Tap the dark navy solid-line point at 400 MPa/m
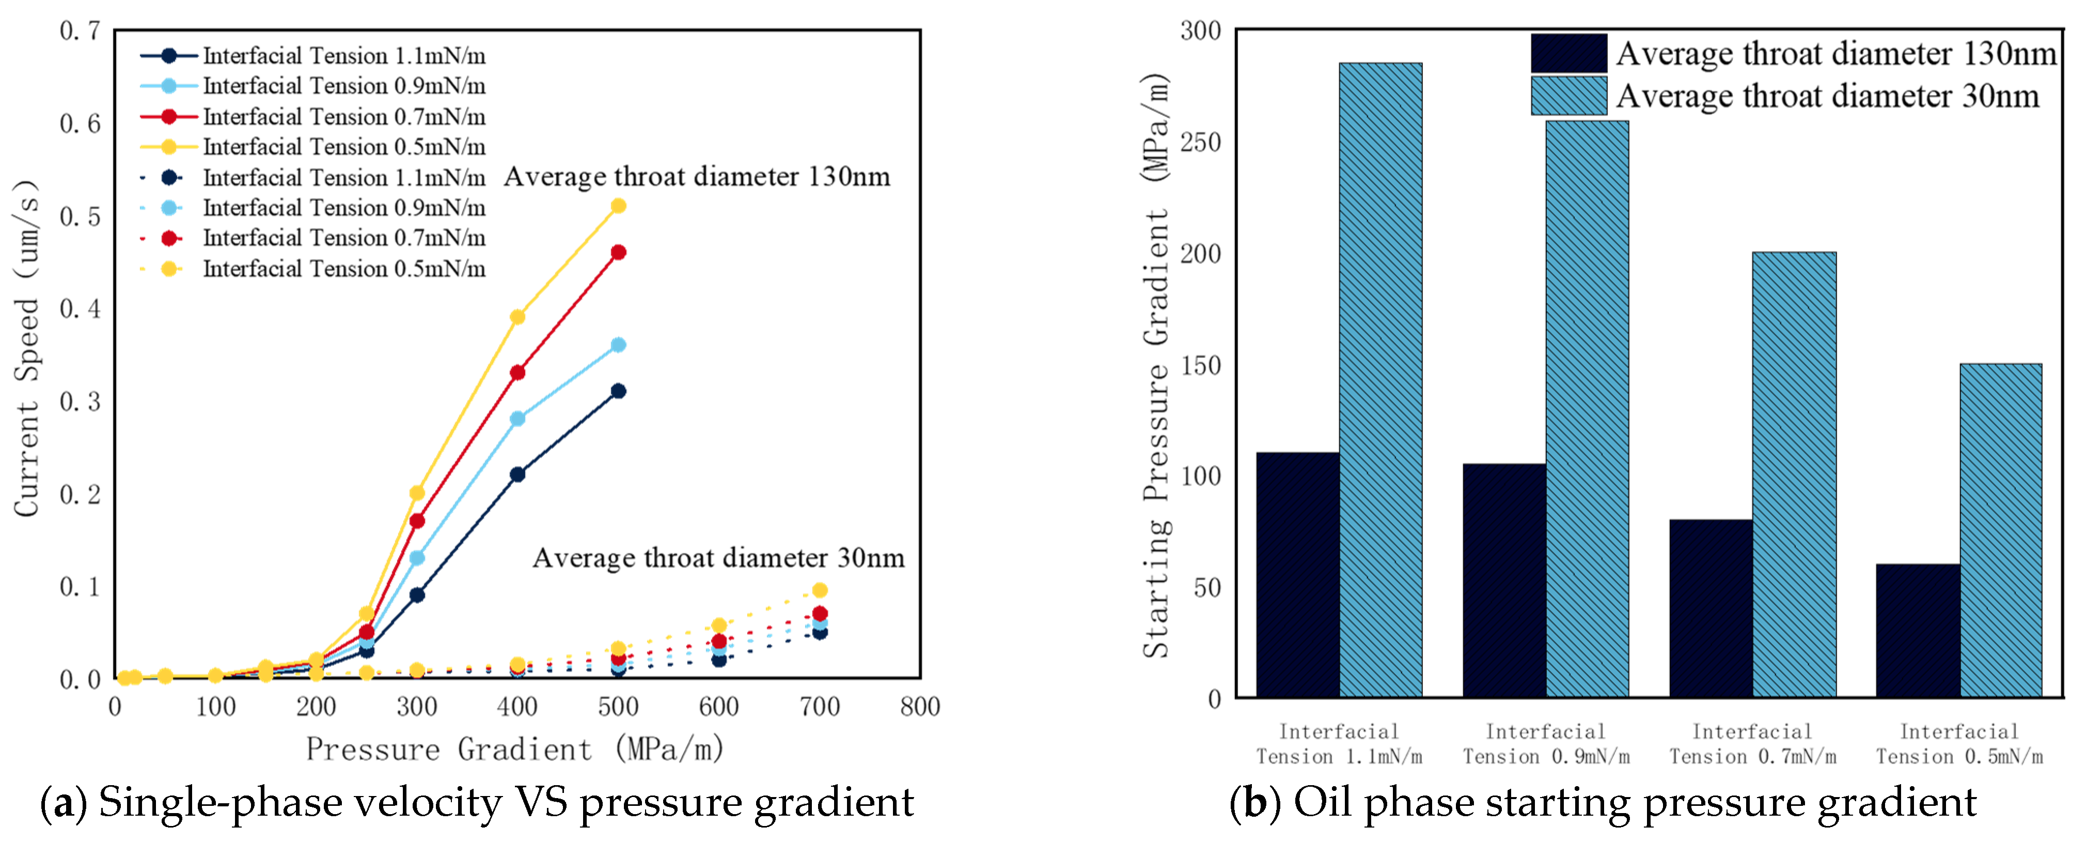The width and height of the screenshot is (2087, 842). tap(517, 474)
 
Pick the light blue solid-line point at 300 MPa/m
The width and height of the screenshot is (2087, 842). tap(416, 557)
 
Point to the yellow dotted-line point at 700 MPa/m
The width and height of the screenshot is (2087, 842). tap(819, 590)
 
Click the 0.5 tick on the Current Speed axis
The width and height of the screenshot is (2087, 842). tap(80, 216)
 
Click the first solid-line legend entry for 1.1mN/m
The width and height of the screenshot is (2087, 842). tap(312, 55)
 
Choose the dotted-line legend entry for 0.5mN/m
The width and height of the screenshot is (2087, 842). tap(312, 268)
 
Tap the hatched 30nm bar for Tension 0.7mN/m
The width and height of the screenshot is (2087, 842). tap(1794, 474)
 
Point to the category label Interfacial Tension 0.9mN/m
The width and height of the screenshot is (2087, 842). tap(1545, 744)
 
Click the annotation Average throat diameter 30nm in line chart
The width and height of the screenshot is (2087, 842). tap(718, 557)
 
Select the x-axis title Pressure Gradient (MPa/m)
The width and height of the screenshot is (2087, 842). tap(514, 749)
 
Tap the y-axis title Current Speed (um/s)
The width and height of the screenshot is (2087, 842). tap(27, 349)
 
